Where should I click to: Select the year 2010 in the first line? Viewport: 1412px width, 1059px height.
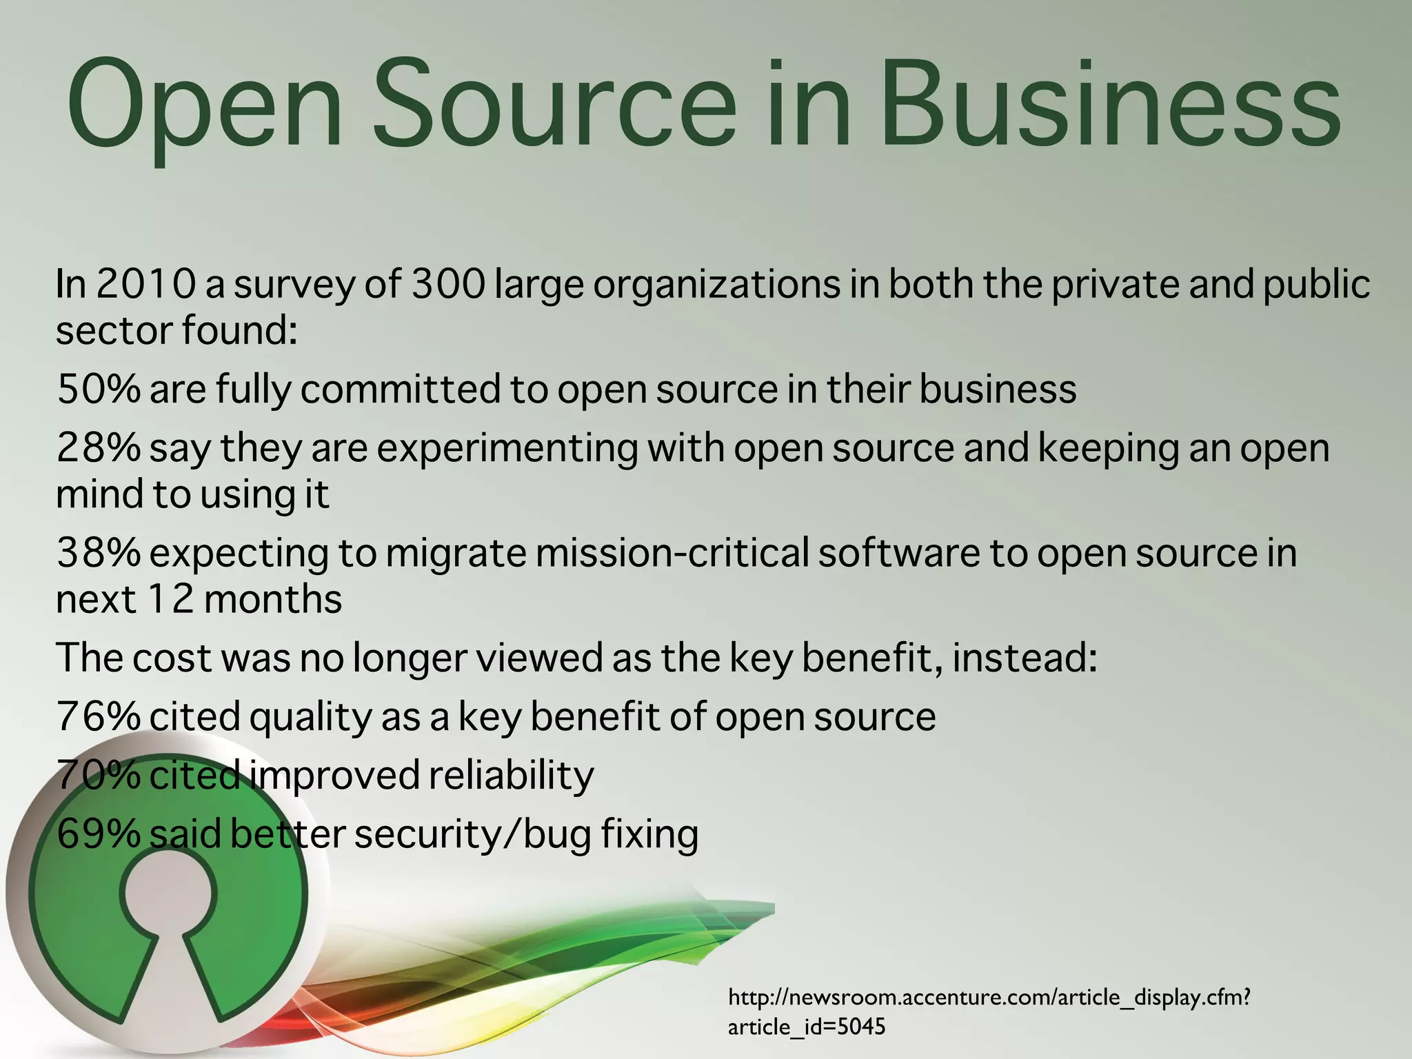(145, 283)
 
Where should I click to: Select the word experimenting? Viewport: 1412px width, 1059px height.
(507, 449)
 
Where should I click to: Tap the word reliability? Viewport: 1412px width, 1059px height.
(511, 776)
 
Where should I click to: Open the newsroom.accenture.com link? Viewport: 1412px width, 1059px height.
(989, 998)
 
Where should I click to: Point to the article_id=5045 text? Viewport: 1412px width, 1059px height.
(806, 1027)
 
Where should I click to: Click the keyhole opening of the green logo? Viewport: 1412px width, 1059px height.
(168, 896)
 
